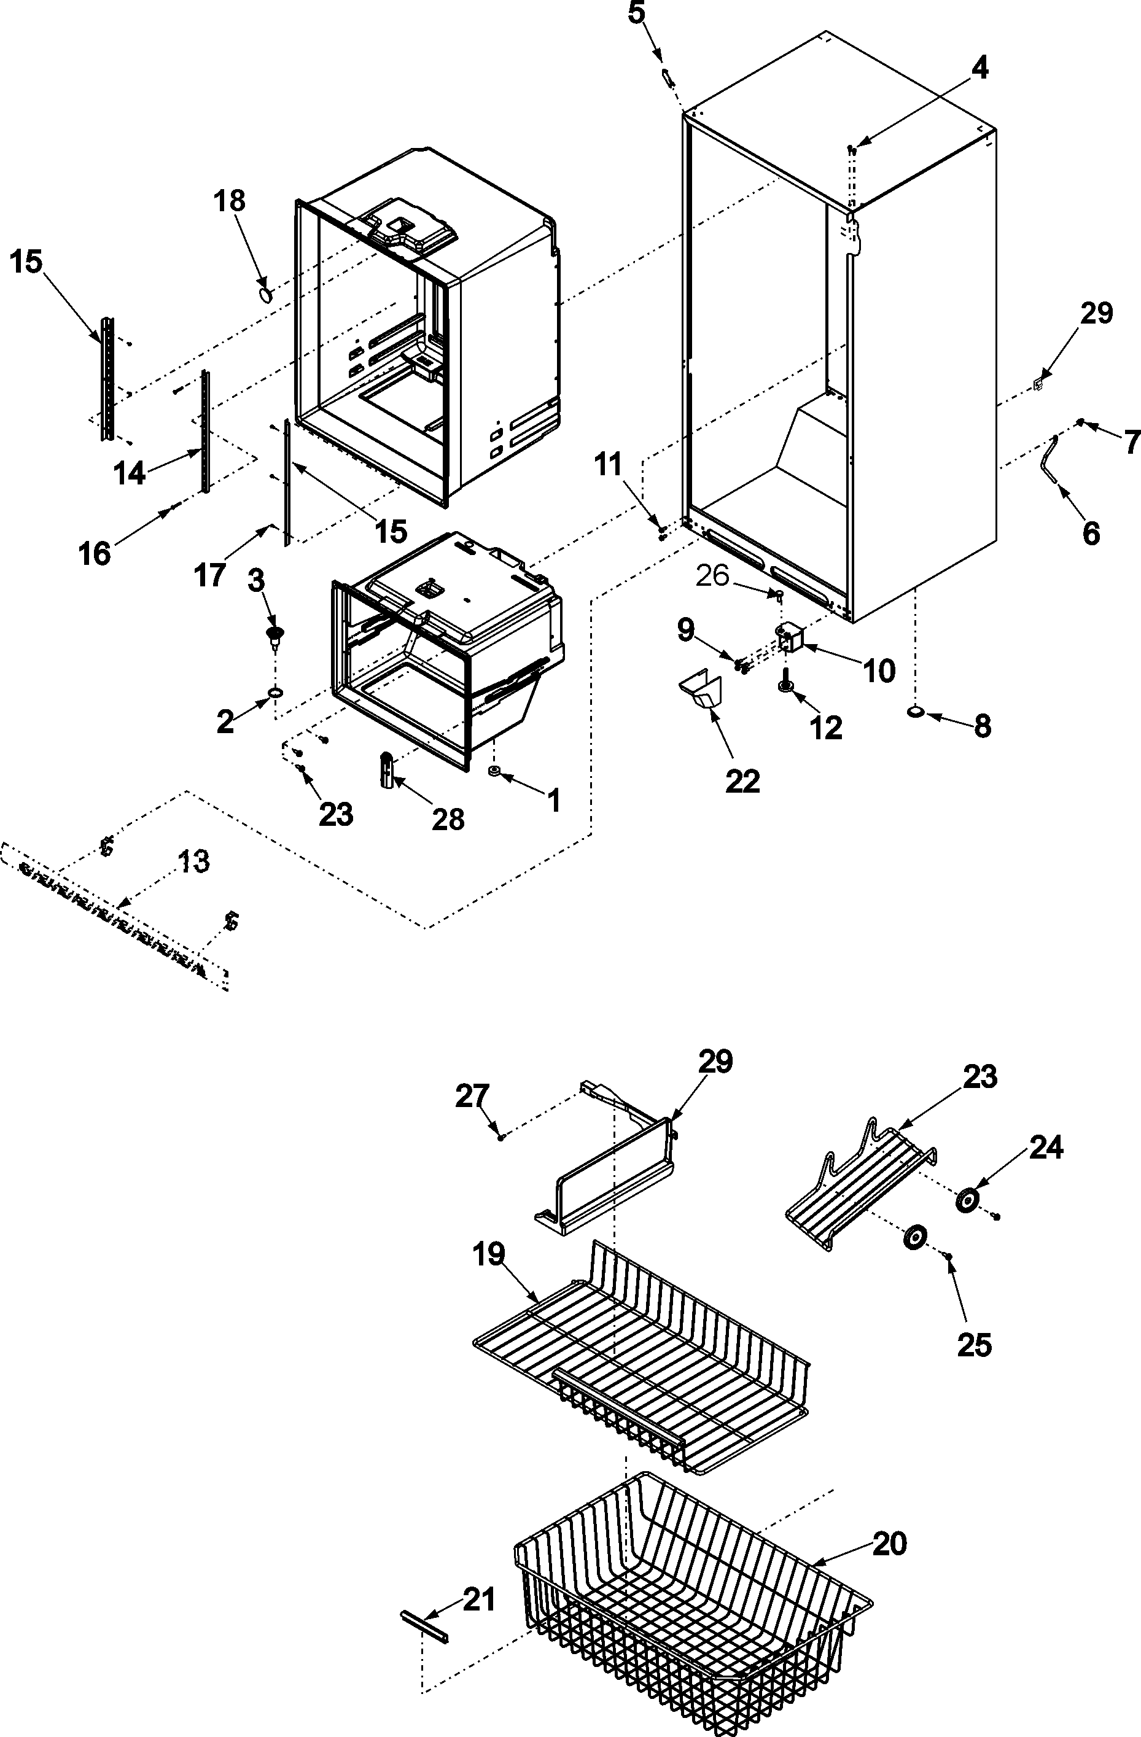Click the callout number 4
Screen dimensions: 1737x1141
(x=979, y=68)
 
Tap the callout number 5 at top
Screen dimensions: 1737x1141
(x=637, y=13)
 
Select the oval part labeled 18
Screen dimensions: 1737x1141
(x=267, y=293)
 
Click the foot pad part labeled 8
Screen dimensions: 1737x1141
(x=916, y=712)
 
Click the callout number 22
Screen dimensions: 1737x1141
(x=742, y=781)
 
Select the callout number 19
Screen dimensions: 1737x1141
(x=488, y=1254)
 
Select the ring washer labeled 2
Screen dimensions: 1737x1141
(x=275, y=691)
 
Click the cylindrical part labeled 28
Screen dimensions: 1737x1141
(x=387, y=771)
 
